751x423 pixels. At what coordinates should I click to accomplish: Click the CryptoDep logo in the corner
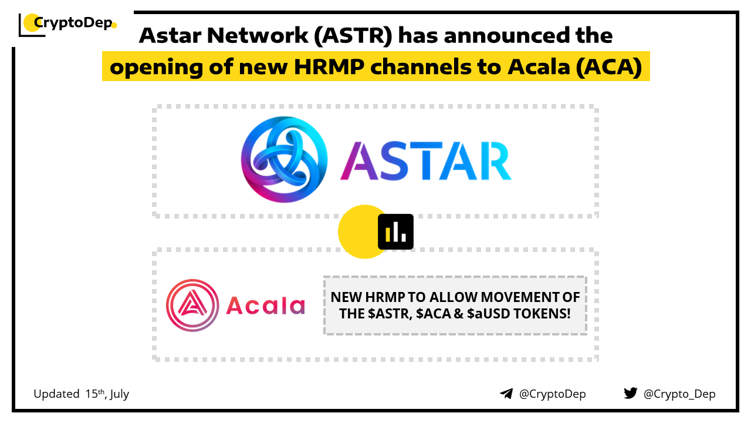[67, 24]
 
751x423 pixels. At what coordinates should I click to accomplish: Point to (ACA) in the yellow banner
[609, 67]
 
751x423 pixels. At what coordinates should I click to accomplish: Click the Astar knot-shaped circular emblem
[285, 159]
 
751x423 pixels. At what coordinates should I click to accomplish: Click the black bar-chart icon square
[395, 231]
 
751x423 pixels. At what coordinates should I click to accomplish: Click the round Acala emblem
[192, 305]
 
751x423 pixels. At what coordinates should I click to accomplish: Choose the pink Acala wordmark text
[266, 305]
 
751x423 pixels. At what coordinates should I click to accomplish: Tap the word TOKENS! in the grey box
[542, 314]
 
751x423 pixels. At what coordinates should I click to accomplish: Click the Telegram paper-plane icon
[506, 394]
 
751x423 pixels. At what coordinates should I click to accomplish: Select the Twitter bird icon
[630, 393]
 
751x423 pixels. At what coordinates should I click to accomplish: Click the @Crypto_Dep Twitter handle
[679, 394]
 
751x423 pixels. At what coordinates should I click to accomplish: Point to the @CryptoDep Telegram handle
[553, 394]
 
